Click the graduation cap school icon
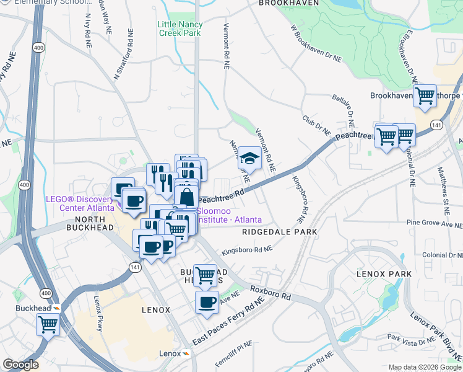point(249,159)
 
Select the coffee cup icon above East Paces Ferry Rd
point(207,303)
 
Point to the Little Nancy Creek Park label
point(180,28)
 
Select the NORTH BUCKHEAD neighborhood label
point(94,228)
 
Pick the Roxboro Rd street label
point(270,293)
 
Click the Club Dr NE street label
point(317,123)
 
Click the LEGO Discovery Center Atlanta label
point(80,203)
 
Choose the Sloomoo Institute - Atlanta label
point(229,215)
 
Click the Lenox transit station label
point(170,353)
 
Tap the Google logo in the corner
point(20,365)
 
